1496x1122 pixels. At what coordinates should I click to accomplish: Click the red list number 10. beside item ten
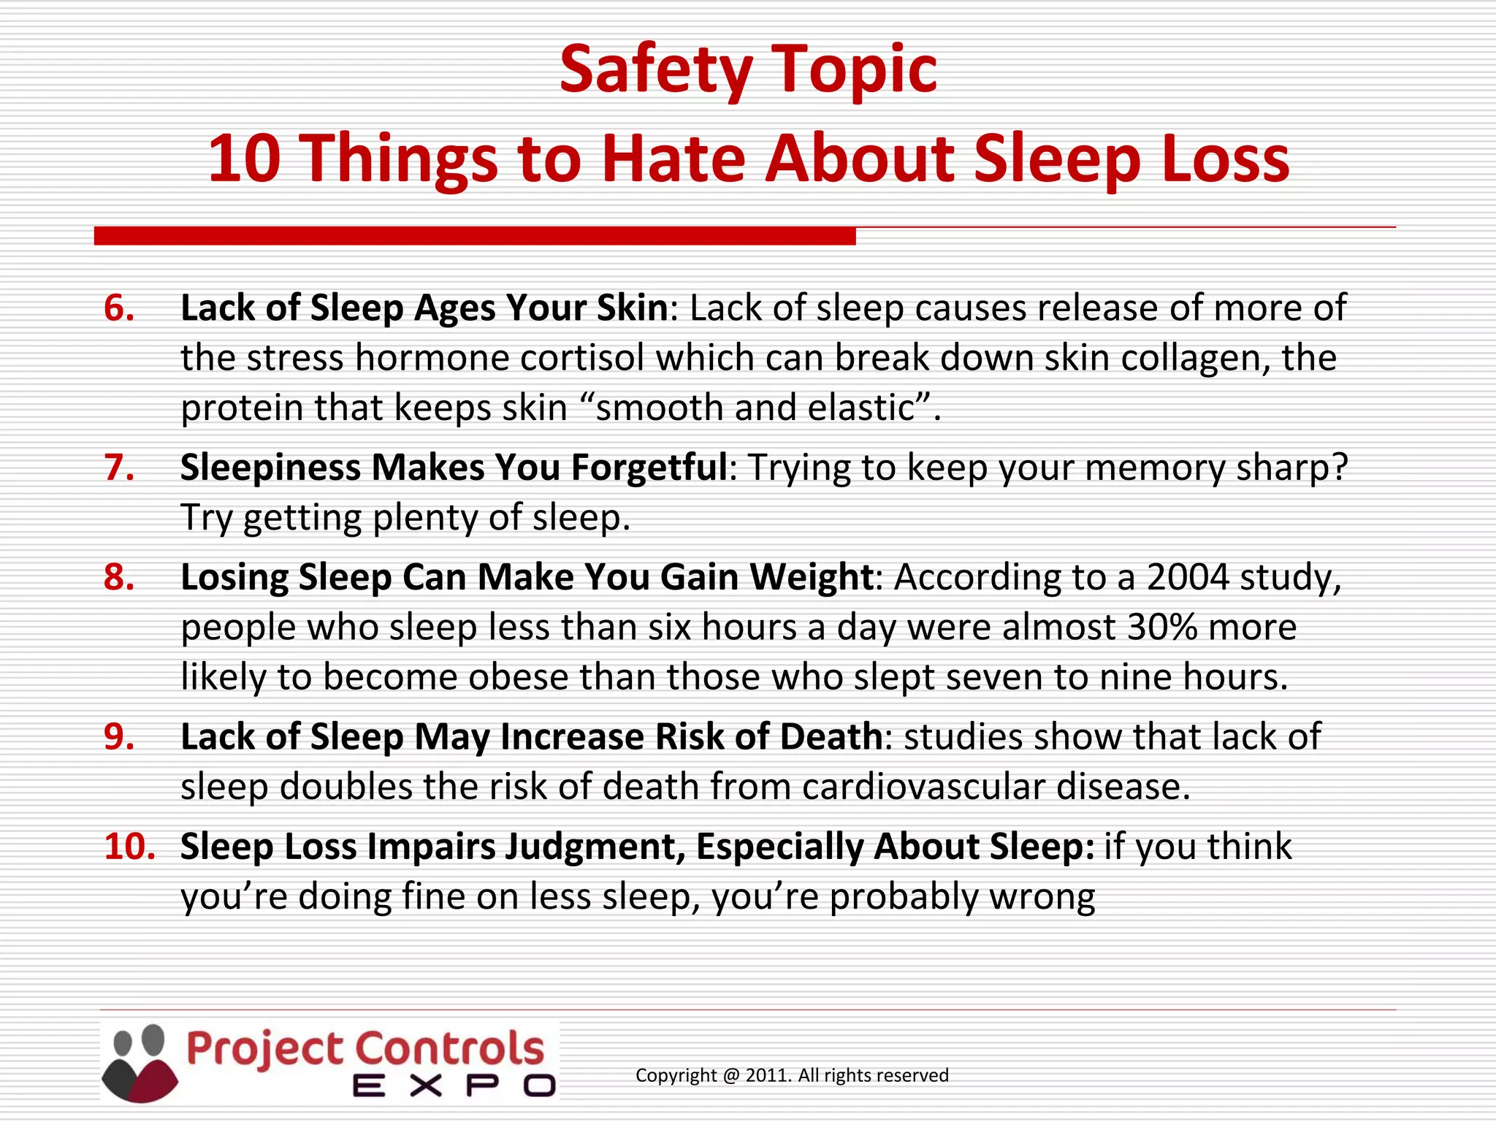tap(129, 847)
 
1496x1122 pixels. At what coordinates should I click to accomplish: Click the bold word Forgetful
tap(649, 467)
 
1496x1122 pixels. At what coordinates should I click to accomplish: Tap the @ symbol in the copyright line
tap(732, 1076)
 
